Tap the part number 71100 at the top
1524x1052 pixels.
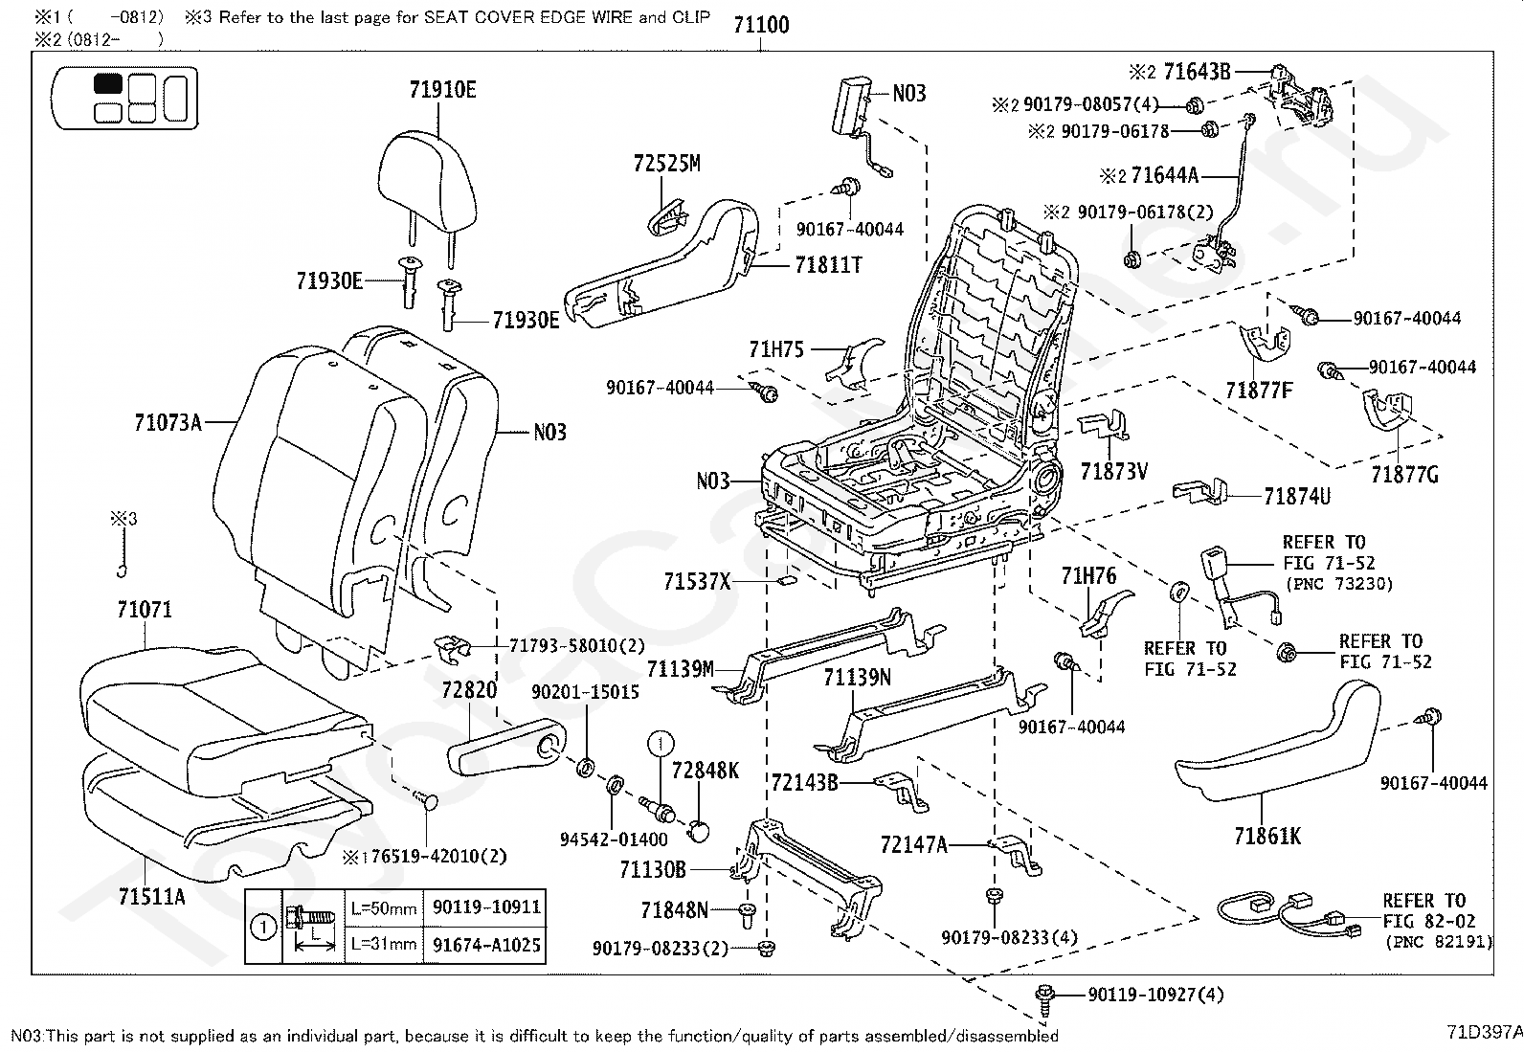pos(761,25)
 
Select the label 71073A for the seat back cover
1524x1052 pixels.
pos(168,421)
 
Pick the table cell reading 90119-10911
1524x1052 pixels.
pos(486,907)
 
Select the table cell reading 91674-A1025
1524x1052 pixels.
pos(486,945)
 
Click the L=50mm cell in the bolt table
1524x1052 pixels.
pos(383,907)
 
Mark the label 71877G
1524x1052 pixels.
pos(1404,474)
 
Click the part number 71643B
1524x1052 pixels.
pos(1196,71)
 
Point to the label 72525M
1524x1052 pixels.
pos(666,164)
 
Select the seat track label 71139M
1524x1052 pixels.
pos(680,668)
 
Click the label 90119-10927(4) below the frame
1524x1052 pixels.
pos(1155,996)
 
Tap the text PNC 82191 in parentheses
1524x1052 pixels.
pos(1438,942)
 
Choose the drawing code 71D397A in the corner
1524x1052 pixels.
pos(1484,1032)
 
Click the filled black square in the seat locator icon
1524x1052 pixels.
pos(107,83)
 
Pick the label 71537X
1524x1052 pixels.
pos(696,581)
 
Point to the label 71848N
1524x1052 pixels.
pos(674,909)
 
